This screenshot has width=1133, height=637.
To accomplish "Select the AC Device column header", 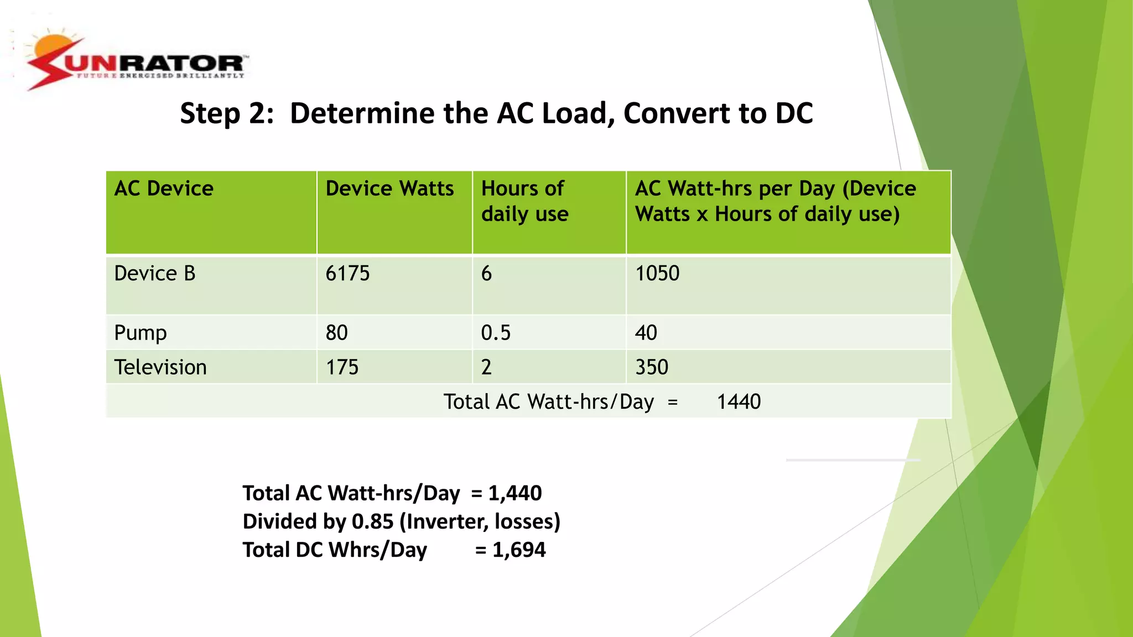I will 164,189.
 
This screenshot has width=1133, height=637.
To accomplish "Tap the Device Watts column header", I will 389,189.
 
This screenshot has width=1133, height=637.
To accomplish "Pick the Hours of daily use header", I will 524,201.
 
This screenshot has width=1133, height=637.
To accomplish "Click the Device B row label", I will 155,274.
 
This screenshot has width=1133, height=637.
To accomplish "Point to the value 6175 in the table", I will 347,274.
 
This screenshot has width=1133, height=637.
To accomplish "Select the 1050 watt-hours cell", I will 657,274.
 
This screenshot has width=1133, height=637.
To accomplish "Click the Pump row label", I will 141,333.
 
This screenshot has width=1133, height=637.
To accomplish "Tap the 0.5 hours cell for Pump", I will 496,333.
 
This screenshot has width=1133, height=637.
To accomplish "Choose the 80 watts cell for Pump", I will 336,333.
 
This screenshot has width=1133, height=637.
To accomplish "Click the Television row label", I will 160,368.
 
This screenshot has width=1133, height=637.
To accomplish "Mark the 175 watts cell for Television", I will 342,368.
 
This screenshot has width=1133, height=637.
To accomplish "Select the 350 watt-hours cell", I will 652,368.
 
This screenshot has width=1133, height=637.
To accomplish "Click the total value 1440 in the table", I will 739,402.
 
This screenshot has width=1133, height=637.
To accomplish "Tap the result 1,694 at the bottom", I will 519,550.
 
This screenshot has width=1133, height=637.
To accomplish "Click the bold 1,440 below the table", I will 515,493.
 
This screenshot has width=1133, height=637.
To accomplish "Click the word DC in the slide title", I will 794,113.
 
